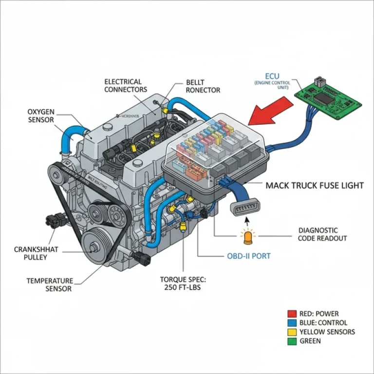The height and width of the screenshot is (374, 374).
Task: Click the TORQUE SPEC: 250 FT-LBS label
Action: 183,283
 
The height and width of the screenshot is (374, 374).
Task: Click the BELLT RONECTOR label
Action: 203,86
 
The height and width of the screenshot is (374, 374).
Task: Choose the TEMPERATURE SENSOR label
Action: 50,285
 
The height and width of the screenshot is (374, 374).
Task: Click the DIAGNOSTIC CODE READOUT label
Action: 322,234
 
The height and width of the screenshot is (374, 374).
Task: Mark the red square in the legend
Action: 292,314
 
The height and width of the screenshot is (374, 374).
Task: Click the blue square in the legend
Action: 292,323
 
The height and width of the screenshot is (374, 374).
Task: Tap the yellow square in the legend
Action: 292,332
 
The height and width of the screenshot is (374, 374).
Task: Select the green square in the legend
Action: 292,341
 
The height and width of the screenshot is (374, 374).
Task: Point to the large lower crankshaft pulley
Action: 95,243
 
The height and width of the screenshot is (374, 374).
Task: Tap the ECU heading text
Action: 273,76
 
